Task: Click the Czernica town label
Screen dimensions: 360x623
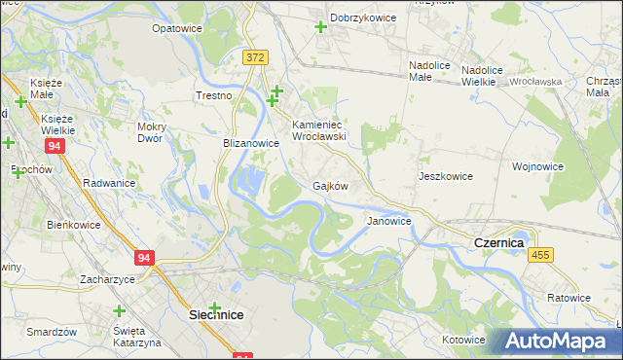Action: click(498, 241)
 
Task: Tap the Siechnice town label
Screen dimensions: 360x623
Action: click(215, 315)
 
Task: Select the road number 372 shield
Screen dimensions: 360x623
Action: click(255, 58)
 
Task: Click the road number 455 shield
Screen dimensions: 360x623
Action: click(542, 254)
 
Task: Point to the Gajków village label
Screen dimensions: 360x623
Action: click(330, 185)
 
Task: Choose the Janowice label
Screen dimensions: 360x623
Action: click(388, 221)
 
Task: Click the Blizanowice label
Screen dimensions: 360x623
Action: click(251, 142)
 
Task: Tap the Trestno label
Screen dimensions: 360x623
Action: click(213, 95)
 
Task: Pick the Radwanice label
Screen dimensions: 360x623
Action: click(109, 182)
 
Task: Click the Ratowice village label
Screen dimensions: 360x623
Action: click(568, 297)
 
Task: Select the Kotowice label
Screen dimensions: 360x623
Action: click(462, 340)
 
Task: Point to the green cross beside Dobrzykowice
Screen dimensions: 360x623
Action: click(320, 26)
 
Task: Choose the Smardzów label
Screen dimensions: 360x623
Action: click(53, 331)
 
